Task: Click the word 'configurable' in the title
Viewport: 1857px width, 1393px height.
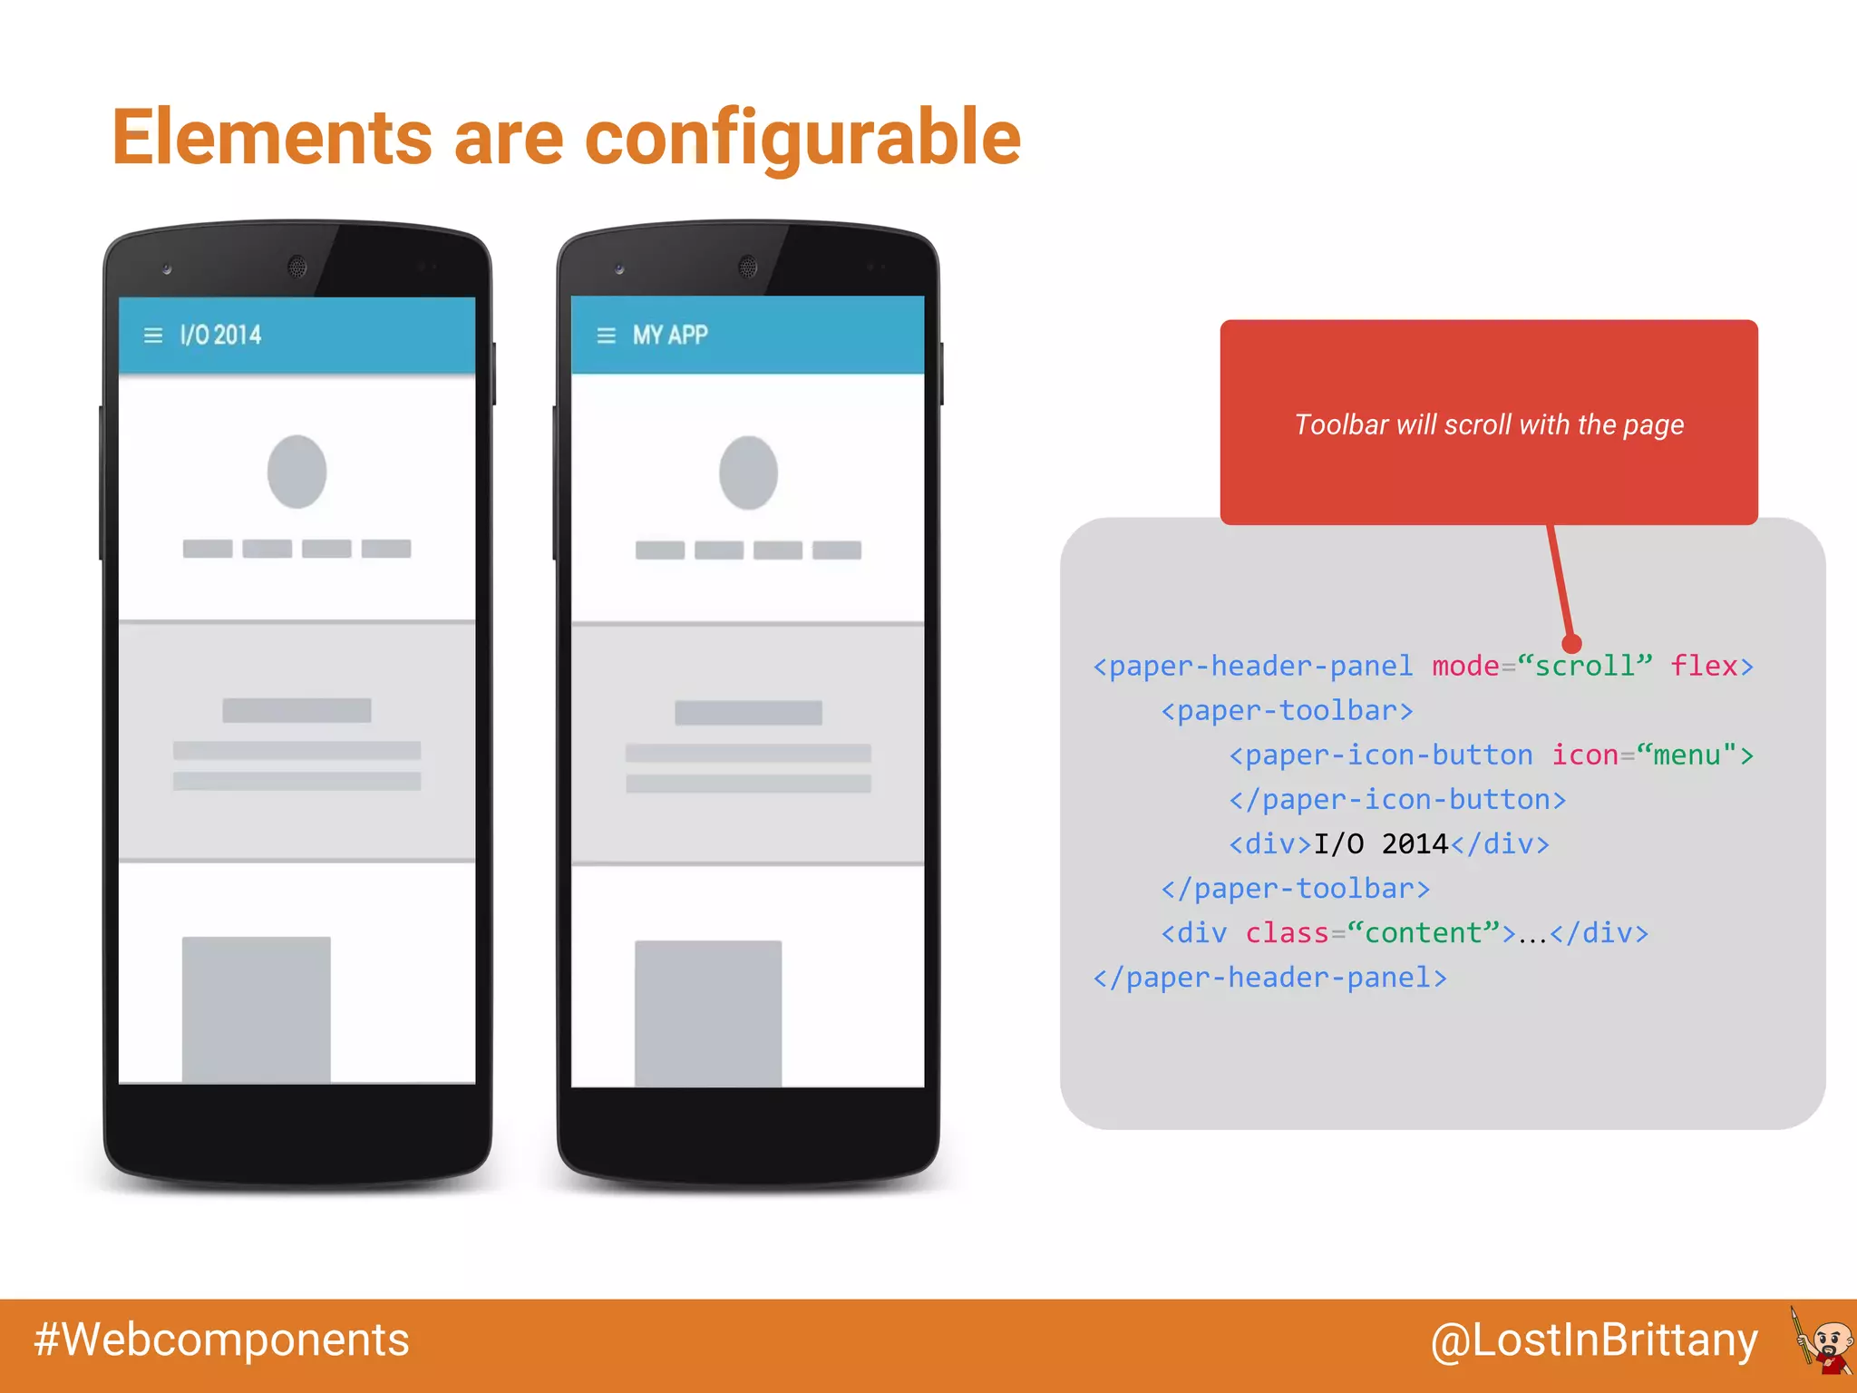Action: [x=802, y=138]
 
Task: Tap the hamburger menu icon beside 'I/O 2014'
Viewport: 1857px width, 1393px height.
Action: [x=153, y=336]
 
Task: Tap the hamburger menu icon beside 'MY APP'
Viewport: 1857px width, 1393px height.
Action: [x=607, y=336]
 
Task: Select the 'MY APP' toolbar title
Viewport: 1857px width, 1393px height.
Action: [x=670, y=335]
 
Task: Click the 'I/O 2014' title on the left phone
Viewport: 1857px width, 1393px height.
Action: [x=220, y=335]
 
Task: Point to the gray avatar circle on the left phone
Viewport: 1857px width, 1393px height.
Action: [x=297, y=472]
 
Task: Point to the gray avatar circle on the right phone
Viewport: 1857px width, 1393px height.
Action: [x=748, y=472]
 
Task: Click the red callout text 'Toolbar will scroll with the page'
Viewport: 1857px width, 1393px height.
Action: [x=1489, y=424]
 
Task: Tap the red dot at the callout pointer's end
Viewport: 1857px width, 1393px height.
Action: [x=1572, y=643]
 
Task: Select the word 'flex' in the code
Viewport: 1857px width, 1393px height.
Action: [x=1704, y=666]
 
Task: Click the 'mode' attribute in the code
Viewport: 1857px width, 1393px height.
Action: [x=1465, y=666]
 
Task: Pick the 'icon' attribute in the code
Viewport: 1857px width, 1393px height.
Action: [x=1584, y=755]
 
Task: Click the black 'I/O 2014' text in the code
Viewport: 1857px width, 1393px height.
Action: [x=1381, y=843]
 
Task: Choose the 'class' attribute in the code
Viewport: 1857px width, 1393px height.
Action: [x=1286, y=932]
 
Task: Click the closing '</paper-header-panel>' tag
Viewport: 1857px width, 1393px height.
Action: [x=1269, y=977]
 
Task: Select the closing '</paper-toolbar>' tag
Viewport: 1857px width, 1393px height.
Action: [x=1295, y=888]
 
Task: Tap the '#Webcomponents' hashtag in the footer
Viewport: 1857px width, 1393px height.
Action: [x=221, y=1340]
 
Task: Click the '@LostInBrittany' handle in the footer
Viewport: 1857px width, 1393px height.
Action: [x=1594, y=1340]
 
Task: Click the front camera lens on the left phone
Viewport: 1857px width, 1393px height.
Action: [x=297, y=267]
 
